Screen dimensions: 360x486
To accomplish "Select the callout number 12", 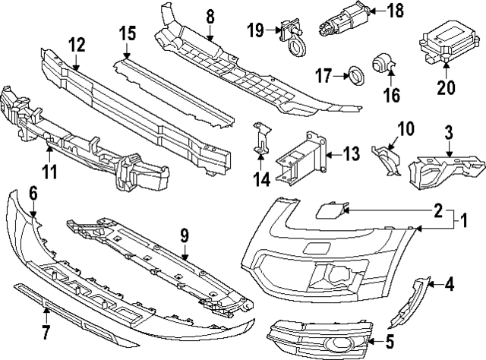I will click(x=77, y=45).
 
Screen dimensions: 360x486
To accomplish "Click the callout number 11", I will click(x=49, y=172).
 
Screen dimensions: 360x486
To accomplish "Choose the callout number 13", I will click(x=350, y=154).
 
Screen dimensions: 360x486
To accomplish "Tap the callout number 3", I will click(x=448, y=134).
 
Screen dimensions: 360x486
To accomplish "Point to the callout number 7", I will click(x=45, y=331).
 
